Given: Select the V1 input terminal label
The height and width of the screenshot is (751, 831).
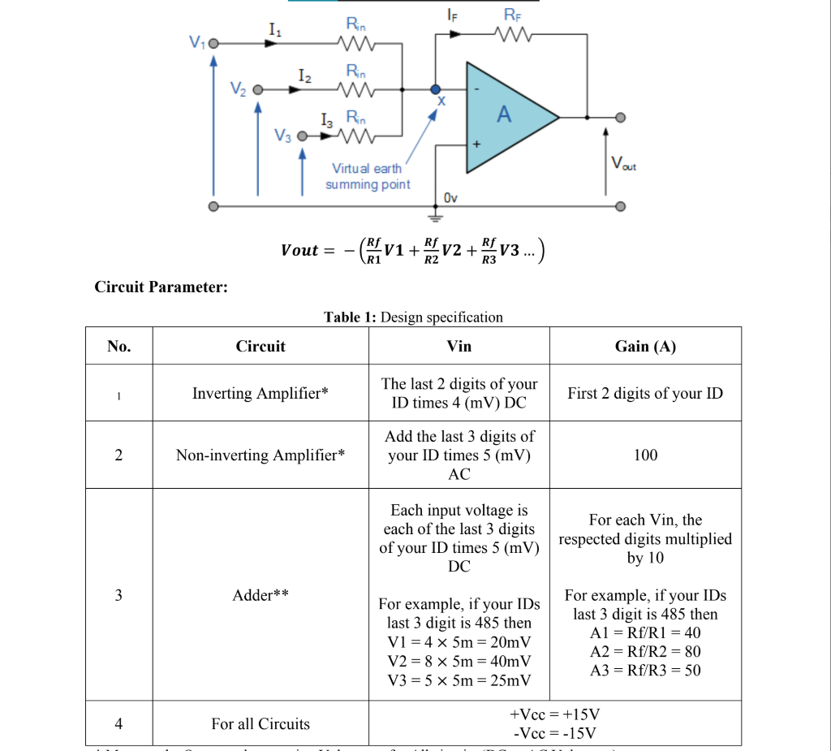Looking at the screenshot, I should click(x=195, y=43).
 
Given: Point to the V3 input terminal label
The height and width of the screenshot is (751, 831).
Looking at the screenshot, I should click(x=281, y=136).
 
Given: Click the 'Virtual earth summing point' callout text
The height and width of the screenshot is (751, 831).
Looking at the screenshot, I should click(x=368, y=176).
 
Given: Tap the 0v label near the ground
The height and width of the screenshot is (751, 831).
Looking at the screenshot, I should click(x=452, y=197).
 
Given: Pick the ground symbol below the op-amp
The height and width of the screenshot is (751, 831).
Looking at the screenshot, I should click(x=436, y=216).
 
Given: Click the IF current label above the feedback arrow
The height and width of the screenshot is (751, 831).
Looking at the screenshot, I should click(x=451, y=14).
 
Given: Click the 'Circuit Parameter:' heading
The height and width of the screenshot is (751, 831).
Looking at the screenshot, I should click(x=161, y=287).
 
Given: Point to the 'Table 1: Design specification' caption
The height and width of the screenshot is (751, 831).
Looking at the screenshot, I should click(x=413, y=317).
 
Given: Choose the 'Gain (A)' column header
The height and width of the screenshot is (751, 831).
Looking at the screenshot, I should click(x=645, y=346).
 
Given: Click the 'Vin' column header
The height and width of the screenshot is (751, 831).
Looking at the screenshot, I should click(x=459, y=346).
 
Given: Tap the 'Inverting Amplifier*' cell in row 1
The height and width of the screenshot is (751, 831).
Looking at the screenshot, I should click(x=260, y=393).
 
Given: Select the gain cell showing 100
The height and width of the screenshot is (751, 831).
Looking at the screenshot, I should click(x=645, y=455).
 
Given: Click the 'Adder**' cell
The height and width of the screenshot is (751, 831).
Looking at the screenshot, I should click(x=260, y=594).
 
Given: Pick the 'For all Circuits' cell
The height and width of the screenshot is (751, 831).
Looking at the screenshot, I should click(x=260, y=723).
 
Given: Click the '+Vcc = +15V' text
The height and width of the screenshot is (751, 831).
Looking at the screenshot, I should click(x=555, y=714).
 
